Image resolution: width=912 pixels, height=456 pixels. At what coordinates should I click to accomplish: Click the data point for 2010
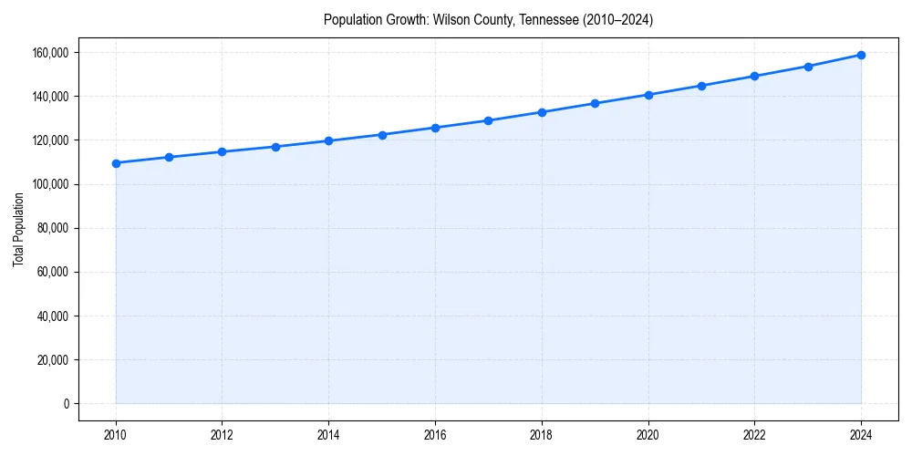pyautogui.click(x=116, y=163)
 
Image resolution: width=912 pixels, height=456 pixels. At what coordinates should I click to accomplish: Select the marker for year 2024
pyautogui.click(x=861, y=55)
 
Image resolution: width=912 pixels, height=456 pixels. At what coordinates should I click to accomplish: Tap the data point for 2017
pyautogui.click(x=488, y=120)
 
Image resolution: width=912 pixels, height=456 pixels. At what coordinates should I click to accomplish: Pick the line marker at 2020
pyautogui.click(x=648, y=95)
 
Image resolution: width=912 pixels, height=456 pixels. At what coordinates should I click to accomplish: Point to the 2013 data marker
pyautogui.click(x=275, y=147)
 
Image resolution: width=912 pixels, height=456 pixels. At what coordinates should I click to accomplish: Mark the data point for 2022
pyautogui.click(x=754, y=76)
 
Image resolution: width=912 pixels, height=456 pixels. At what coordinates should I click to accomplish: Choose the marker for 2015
pyautogui.click(x=382, y=135)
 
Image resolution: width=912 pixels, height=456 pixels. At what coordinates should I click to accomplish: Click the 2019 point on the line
pyautogui.click(x=595, y=103)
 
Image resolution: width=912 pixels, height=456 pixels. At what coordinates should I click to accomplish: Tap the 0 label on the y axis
pyautogui.click(x=65, y=404)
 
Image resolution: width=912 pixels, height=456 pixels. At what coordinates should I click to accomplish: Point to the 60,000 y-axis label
pyautogui.click(x=53, y=272)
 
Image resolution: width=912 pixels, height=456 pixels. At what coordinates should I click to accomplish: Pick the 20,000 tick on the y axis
pyautogui.click(x=53, y=360)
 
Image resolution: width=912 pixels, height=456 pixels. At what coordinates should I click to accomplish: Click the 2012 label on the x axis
pyautogui.click(x=222, y=435)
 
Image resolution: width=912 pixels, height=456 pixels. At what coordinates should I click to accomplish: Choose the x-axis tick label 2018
pyautogui.click(x=542, y=435)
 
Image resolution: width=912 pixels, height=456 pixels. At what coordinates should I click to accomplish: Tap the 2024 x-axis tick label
pyautogui.click(x=861, y=435)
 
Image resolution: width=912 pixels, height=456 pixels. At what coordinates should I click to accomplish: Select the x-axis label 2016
pyautogui.click(x=435, y=435)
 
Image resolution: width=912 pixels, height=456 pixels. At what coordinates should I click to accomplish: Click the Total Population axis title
pyautogui.click(x=18, y=229)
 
